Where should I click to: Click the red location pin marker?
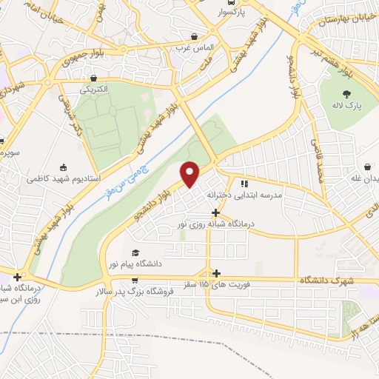(x=190, y=173)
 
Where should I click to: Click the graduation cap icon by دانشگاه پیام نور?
(x=134, y=252)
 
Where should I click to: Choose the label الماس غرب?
(x=195, y=49)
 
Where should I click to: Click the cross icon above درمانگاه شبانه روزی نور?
(x=215, y=212)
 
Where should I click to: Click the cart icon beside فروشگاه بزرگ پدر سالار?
(x=134, y=280)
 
